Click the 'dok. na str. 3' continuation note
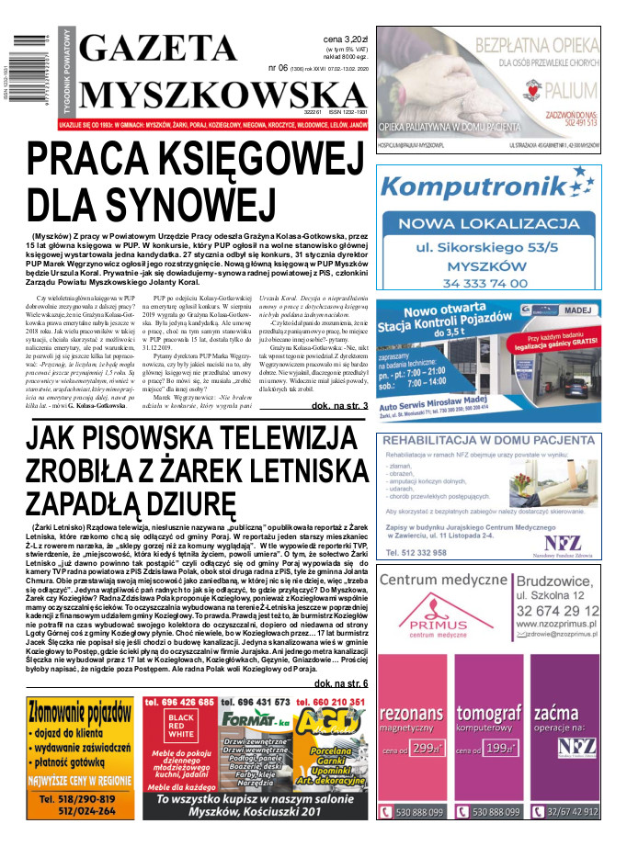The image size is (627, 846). [x=339, y=405]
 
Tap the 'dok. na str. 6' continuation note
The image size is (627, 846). [x=340, y=683]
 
